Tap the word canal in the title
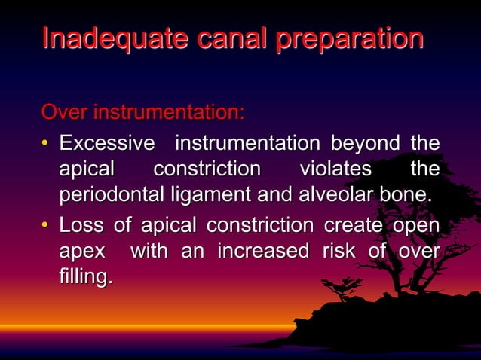[x=224, y=38]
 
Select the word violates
[x=335, y=168]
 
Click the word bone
[x=408, y=195]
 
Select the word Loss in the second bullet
[x=82, y=224]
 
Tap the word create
[x=354, y=224]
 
